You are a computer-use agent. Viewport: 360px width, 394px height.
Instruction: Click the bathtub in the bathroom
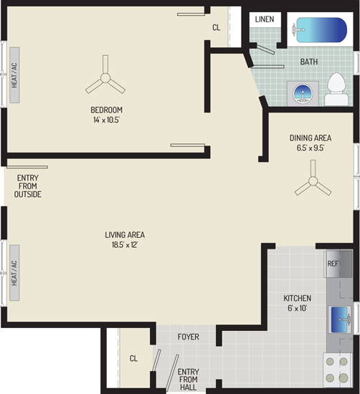[x=319, y=29]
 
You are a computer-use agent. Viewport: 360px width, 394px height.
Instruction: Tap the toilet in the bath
[x=336, y=90]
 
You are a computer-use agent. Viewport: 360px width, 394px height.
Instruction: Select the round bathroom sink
[x=303, y=94]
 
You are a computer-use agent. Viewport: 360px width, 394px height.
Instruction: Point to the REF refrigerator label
[x=333, y=264]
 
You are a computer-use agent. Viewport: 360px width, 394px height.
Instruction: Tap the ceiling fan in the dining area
[x=313, y=180]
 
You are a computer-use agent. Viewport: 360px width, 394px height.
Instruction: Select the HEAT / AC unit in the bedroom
[x=14, y=75]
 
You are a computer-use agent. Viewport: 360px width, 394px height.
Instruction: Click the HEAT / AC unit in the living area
[x=14, y=273]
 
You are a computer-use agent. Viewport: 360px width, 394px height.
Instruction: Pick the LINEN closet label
[x=265, y=19]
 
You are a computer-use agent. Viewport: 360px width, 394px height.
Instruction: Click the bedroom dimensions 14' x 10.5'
[x=106, y=120]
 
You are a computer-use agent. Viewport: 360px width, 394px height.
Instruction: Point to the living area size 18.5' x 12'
[x=125, y=245]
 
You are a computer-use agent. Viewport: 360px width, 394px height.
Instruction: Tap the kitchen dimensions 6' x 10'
[x=298, y=308]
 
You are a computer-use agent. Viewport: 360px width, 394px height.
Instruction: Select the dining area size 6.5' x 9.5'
[x=311, y=148]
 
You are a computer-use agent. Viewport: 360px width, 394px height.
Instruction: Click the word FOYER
[x=188, y=337]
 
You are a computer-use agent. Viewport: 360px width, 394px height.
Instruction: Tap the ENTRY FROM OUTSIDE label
[x=28, y=186]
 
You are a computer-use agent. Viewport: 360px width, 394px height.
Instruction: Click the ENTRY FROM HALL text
[x=188, y=380]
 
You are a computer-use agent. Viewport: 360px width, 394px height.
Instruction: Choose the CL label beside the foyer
[x=133, y=358]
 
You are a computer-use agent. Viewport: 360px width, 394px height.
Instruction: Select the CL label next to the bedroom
[x=217, y=27]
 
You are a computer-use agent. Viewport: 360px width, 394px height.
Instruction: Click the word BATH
[x=309, y=62]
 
